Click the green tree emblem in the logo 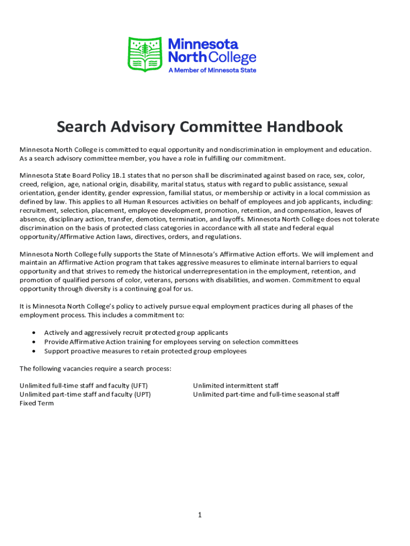(145, 54)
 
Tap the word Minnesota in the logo (203, 44)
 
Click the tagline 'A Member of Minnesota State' (212, 70)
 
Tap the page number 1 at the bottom (199, 515)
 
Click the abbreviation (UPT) (141, 395)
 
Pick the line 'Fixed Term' (37, 403)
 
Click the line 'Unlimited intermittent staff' (235, 386)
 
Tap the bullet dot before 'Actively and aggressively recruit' (34, 333)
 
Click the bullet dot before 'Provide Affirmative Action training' (34, 342)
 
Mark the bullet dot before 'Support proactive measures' (34, 351)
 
